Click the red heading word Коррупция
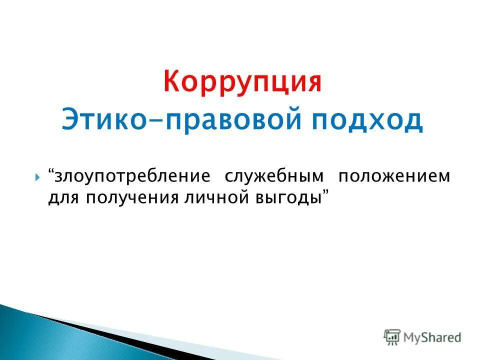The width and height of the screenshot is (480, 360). (242, 82)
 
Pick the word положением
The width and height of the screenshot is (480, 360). (394, 176)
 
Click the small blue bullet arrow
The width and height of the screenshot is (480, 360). (38, 177)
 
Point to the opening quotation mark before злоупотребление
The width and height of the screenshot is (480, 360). (51, 173)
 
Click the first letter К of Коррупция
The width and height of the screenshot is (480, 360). (172, 82)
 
